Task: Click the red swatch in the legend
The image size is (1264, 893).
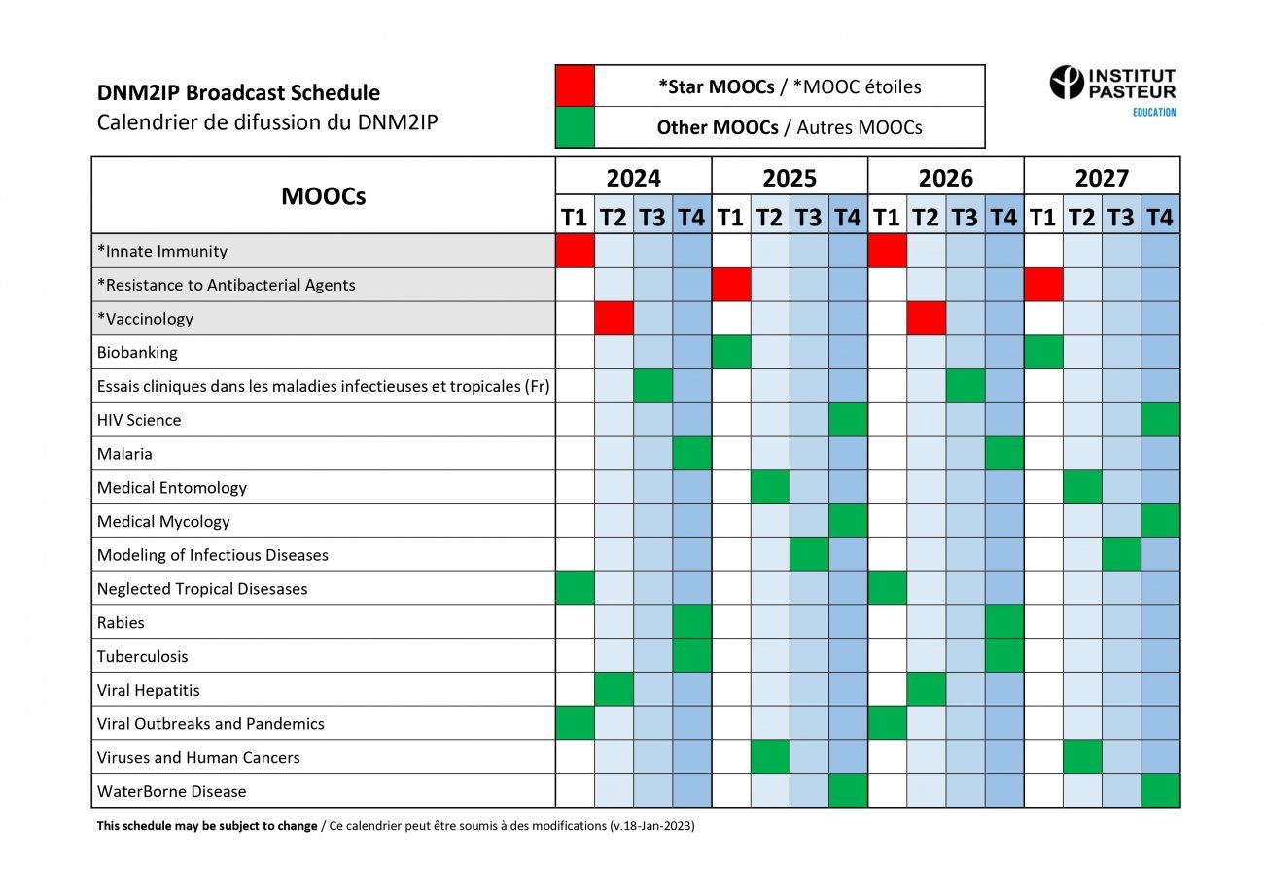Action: (575, 86)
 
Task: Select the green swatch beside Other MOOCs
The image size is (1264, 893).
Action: (575, 127)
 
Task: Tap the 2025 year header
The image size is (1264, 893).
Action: (790, 178)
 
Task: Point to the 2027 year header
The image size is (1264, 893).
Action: (1102, 178)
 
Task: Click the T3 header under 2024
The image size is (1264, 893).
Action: (652, 217)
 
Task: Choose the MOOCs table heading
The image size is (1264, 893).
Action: (324, 196)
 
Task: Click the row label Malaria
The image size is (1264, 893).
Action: (124, 454)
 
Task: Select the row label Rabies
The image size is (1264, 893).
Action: (121, 622)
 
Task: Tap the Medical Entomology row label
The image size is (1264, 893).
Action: (172, 488)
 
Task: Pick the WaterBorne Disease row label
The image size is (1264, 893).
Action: (172, 791)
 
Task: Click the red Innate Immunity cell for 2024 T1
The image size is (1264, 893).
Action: (575, 251)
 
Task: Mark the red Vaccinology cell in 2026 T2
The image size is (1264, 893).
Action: (926, 319)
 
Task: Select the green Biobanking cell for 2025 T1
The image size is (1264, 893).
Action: (731, 352)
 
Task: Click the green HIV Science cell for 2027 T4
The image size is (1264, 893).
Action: (1160, 420)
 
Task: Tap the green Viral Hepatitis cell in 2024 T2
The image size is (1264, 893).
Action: (614, 690)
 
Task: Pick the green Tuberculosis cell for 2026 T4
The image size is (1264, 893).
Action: (1003, 656)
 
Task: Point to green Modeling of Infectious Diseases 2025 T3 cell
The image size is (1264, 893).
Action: (809, 555)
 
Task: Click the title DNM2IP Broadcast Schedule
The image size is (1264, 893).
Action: (238, 93)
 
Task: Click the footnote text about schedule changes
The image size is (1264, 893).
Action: (395, 826)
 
